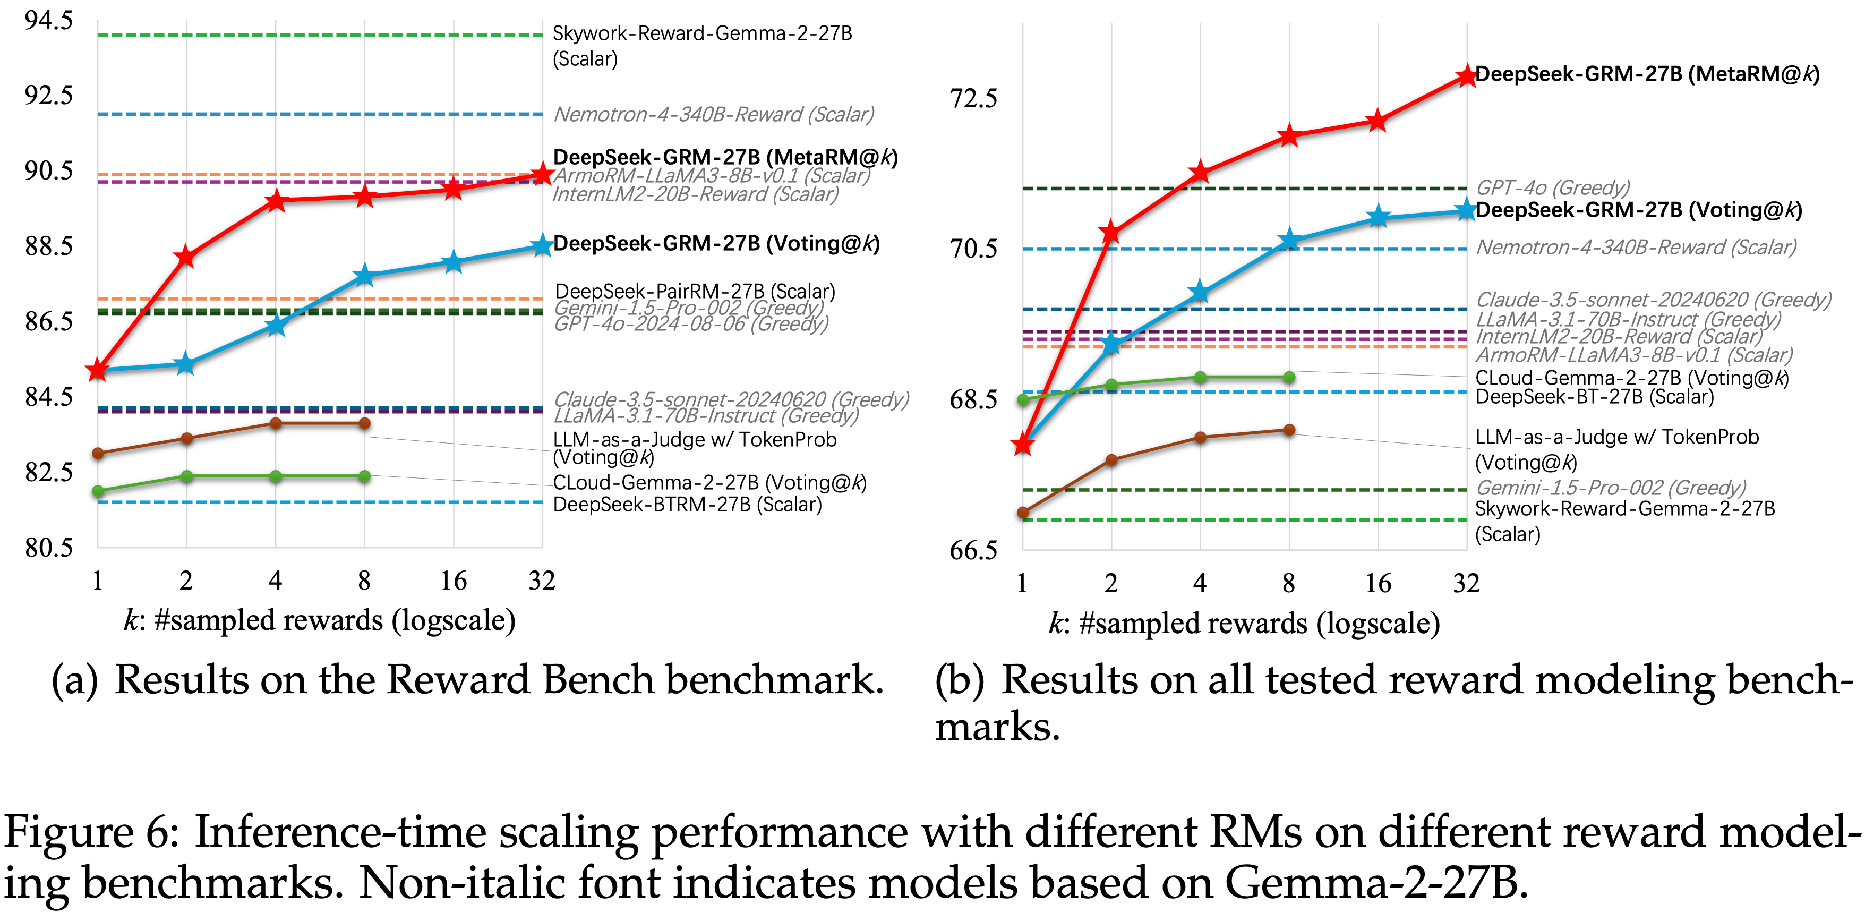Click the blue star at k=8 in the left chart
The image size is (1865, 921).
[x=364, y=276]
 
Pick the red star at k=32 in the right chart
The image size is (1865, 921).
[x=1467, y=75]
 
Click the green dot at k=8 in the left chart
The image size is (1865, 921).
[x=365, y=476]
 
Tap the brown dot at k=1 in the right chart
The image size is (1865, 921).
[x=1023, y=513]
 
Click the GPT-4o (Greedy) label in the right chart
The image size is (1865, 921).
[x=1552, y=188]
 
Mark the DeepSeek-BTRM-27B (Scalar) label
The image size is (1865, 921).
[x=687, y=505]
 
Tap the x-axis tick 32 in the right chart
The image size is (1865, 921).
[x=1467, y=583]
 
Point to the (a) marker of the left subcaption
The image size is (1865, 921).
[x=74, y=680]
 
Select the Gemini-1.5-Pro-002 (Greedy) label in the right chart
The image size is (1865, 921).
[x=1611, y=487]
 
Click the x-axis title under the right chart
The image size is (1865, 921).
[x=1244, y=624]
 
